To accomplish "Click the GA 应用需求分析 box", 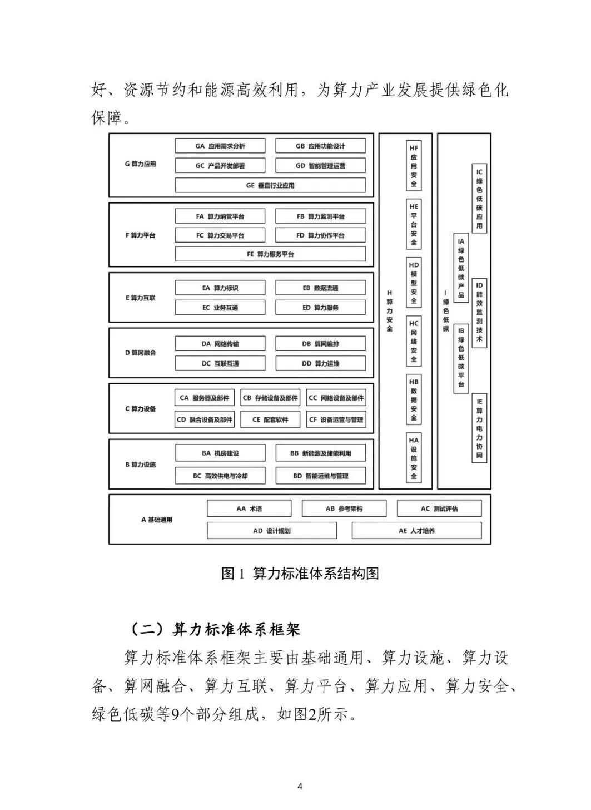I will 220,146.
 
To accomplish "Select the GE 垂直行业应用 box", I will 270,185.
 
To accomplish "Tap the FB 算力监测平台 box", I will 320,216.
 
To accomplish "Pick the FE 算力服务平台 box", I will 270,254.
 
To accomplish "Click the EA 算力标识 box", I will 220,288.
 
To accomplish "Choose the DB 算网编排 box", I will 320,344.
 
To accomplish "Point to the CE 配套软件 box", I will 270,419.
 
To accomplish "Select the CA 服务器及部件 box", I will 205,398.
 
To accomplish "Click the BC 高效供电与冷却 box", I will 220,476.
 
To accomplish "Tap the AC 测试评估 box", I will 439,508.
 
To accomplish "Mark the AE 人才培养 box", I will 416,531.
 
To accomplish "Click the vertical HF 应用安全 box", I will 414,166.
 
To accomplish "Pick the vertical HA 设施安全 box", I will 414,458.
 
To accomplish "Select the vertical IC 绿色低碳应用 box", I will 479,199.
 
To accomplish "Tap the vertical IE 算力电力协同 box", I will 479,428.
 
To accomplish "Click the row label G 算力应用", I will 140,164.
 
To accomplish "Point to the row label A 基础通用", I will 157,520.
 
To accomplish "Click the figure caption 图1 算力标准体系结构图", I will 300,574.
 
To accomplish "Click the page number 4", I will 300,786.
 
